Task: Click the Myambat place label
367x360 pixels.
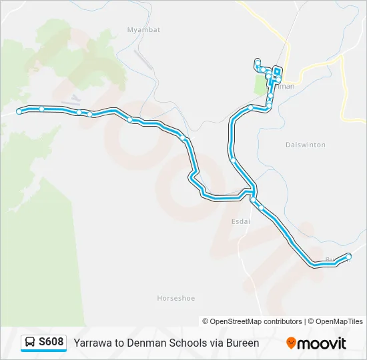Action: coord(140,29)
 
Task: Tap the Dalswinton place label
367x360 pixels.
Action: coord(305,145)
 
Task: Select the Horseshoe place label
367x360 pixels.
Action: coord(176,298)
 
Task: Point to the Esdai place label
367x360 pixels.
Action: coord(240,222)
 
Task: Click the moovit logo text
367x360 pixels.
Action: coord(322,343)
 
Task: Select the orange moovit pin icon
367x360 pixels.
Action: coord(291,343)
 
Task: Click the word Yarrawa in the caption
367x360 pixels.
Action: coord(93,343)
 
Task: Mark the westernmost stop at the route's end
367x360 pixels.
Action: coord(19,111)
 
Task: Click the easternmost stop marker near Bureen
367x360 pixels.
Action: coord(348,256)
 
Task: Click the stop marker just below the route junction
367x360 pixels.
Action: coord(253,199)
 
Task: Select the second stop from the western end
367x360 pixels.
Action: coord(41,109)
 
